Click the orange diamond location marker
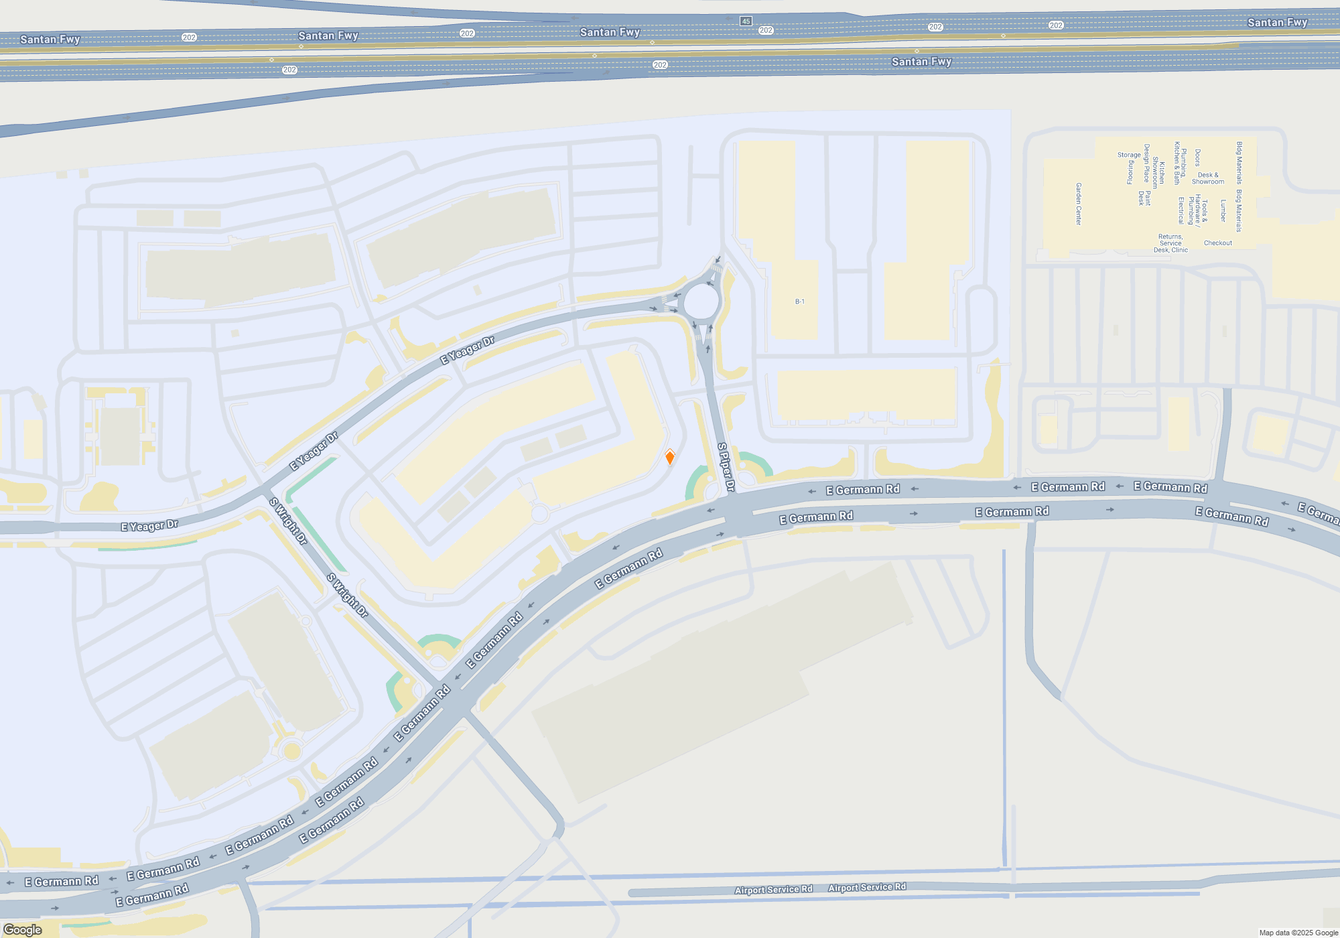[x=669, y=458]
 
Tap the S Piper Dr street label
[x=726, y=467]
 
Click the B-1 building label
[x=799, y=301]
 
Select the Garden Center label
[x=1079, y=204]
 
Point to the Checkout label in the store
[x=1217, y=243]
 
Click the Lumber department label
[x=1223, y=210]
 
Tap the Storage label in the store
[x=1128, y=155]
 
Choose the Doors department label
[x=1197, y=158]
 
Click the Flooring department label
[x=1130, y=172]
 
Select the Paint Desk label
[x=1144, y=198]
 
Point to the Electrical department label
[x=1181, y=210]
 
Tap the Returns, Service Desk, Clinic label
[x=1170, y=243]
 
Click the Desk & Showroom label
[x=1208, y=178]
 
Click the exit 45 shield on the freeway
[x=746, y=21]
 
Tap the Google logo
[x=23, y=929]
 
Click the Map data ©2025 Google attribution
[x=1298, y=933]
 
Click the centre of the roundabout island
[x=701, y=302]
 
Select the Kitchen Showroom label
[x=1158, y=173]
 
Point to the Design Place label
[x=1147, y=163]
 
